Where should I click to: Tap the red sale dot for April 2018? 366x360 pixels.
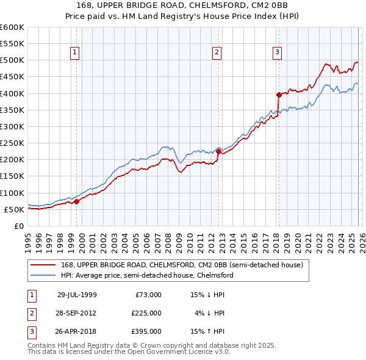coord(279,95)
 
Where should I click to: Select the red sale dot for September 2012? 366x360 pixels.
coord(218,151)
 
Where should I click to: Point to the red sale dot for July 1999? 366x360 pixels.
coord(77,201)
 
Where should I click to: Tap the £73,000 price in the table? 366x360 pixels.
coord(148,295)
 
